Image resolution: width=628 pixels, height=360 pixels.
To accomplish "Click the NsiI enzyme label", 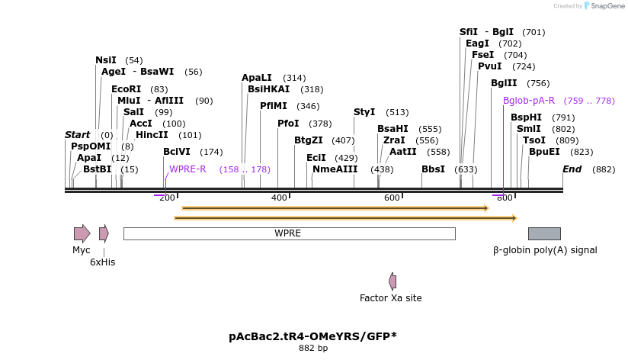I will [x=106, y=60].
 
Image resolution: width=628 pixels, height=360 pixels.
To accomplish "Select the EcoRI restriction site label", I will [x=126, y=89].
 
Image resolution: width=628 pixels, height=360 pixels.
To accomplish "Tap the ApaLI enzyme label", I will [x=256, y=78].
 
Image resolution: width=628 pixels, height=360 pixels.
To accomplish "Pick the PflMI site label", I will [x=274, y=106].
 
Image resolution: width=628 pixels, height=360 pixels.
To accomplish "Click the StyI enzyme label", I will [x=364, y=112].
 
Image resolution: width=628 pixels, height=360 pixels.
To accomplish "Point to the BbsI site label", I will [x=433, y=169].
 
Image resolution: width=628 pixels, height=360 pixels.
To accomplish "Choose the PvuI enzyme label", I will [x=490, y=66].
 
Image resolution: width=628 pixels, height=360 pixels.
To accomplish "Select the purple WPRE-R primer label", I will [x=187, y=169].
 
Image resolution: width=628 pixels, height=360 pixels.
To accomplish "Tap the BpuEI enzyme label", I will [x=544, y=152].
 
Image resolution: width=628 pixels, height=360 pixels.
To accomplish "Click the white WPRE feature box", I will [x=289, y=233].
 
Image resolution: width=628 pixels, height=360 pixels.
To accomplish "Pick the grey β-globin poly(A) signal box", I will [x=544, y=233].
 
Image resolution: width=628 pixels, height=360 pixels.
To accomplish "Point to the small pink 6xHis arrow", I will [x=104, y=233].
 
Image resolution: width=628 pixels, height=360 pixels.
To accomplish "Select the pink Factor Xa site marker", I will [x=392, y=281].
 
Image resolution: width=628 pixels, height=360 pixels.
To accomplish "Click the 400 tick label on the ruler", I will [x=279, y=198].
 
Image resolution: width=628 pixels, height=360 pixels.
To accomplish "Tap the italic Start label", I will [x=77, y=135].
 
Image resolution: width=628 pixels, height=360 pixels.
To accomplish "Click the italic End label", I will [x=572, y=169].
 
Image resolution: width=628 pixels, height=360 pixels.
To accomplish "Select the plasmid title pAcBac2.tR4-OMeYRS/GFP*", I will [x=312, y=336].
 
